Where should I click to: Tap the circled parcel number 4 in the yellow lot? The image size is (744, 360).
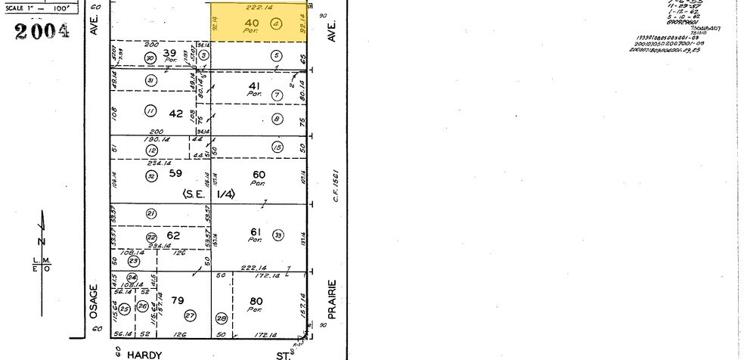[276, 23]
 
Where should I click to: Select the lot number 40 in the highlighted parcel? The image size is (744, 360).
[253, 23]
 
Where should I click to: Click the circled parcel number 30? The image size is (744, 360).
[150, 57]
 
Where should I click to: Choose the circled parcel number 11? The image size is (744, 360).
[150, 111]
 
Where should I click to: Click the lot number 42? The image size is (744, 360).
[175, 113]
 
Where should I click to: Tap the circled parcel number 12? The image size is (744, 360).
[150, 150]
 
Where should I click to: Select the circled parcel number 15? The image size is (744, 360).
[277, 147]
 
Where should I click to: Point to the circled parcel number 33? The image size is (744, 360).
[278, 234]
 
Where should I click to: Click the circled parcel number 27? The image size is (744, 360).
[191, 315]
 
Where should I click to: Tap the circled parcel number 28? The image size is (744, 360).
[221, 318]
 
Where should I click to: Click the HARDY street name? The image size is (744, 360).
[144, 353]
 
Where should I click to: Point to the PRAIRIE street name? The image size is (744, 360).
[331, 299]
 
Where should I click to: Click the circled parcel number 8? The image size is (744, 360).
[277, 119]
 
